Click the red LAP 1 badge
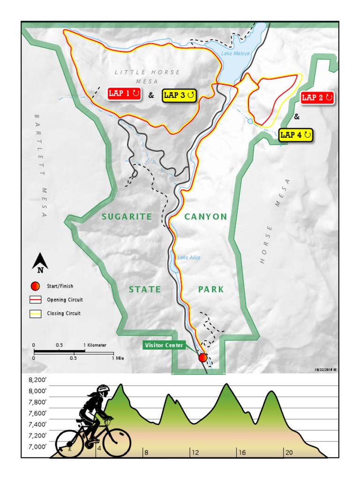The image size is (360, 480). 124,94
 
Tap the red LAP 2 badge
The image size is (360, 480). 317,98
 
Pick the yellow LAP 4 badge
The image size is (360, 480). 295,135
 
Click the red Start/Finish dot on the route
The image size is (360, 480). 202,358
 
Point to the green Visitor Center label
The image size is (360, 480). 164,345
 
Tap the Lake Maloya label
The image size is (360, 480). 235,53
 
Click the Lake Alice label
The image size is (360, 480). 189,257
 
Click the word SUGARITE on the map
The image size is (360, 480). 127,217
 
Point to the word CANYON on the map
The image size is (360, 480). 206,217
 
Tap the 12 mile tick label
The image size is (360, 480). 195,453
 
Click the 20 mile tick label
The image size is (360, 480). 289,453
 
